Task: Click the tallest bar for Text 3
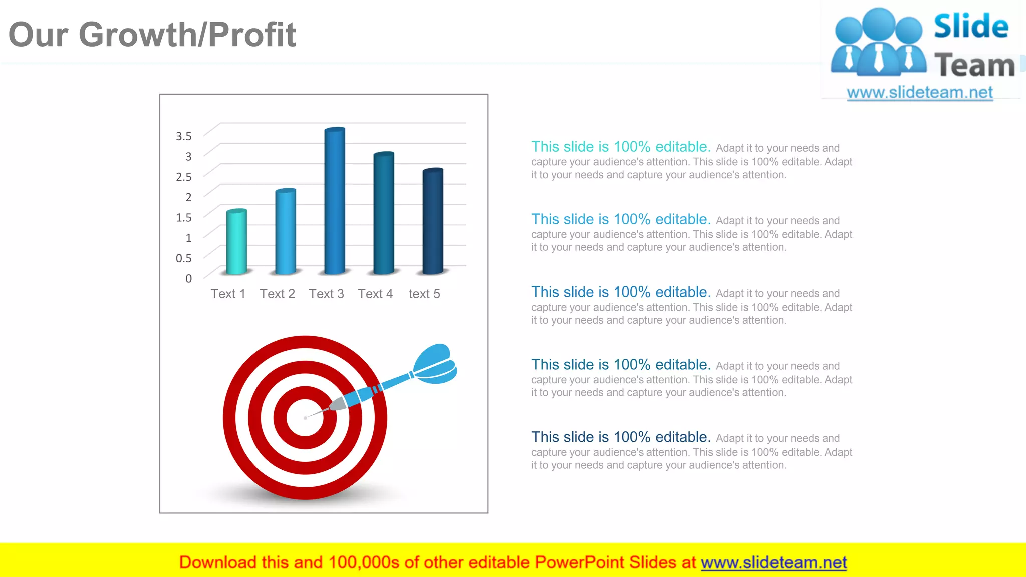[x=335, y=200]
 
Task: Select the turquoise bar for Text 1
[x=236, y=242]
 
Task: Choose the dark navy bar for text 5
[x=433, y=221]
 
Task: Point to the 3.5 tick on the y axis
[x=183, y=136]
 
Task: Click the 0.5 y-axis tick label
[x=183, y=258]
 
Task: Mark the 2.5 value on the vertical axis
[x=183, y=176]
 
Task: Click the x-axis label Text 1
[x=228, y=294]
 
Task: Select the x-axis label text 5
[x=424, y=294]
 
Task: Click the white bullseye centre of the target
[x=305, y=418]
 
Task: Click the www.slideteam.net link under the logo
[x=920, y=93]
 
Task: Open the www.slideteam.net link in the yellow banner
[x=774, y=562]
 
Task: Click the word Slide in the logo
[x=971, y=27]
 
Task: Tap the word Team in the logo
[x=974, y=66]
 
